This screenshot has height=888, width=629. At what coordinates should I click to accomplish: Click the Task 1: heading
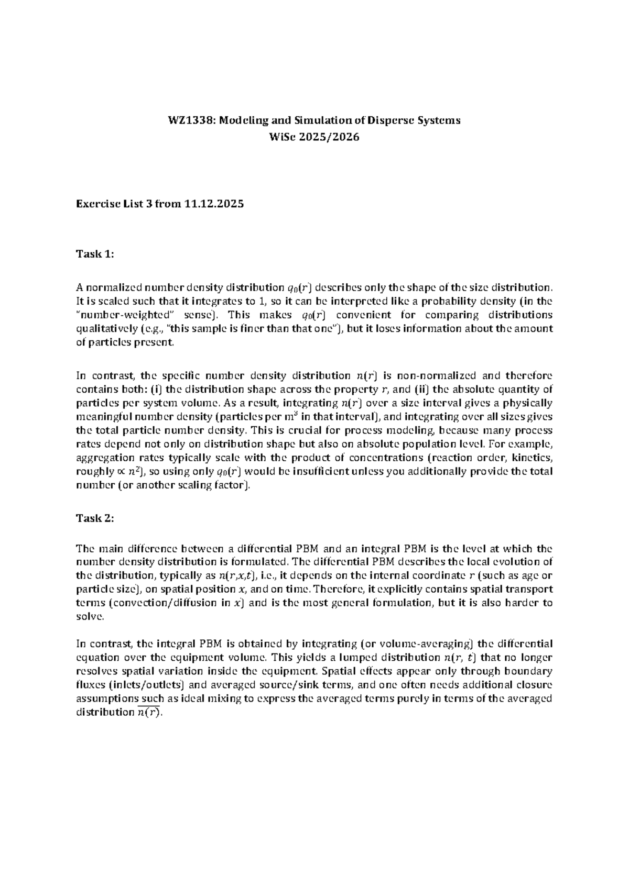tap(95, 254)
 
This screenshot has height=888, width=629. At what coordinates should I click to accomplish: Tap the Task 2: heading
tap(95, 518)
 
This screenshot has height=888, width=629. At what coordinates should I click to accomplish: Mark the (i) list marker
tap(156, 390)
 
